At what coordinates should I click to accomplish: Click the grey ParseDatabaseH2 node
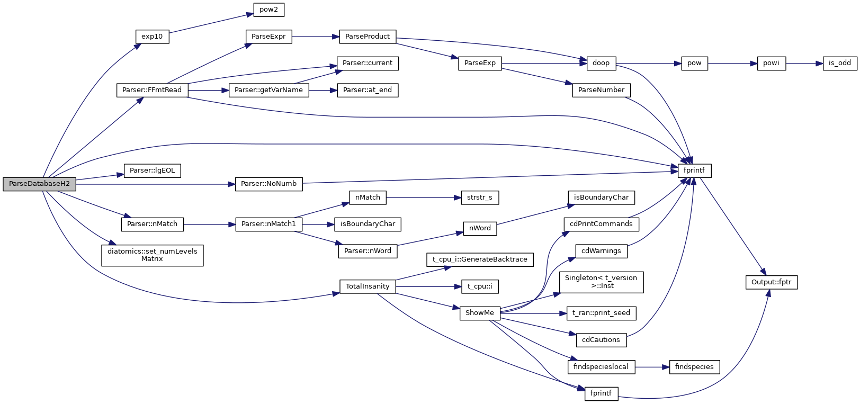(39, 184)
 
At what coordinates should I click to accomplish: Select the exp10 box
(152, 37)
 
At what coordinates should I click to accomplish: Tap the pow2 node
(268, 10)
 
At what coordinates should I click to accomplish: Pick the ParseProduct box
(368, 37)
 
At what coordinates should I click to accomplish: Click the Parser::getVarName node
(268, 90)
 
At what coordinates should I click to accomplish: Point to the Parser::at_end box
(368, 90)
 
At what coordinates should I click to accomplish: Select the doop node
(601, 63)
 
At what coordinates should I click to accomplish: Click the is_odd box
(839, 63)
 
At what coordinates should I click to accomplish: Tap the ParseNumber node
(601, 90)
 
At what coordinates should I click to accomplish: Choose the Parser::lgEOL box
(152, 170)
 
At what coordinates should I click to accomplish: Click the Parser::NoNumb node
(268, 184)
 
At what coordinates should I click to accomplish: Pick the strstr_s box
(480, 197)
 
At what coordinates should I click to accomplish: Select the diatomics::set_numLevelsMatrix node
(152, 255)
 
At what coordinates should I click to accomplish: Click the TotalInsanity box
(368, 286)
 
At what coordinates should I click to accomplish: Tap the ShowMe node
(480, 313)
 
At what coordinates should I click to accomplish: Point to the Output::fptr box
(771, 282)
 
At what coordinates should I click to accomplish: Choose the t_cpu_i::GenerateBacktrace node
(480, 259)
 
